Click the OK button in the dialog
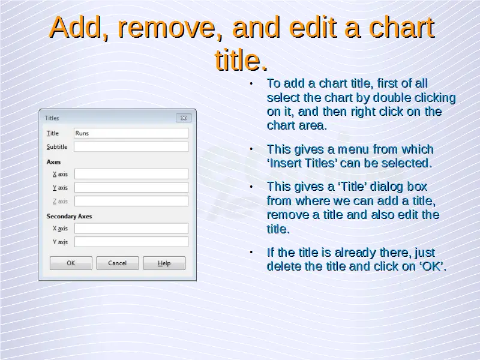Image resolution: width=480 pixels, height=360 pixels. tap(71, 263)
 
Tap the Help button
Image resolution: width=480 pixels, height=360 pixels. tap(164, 263)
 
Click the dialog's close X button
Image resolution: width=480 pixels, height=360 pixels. tap(184, 118)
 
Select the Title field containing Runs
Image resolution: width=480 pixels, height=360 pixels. tap(131, 133)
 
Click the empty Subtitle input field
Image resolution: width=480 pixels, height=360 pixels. tap(131, 146)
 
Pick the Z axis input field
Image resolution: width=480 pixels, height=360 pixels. tap(131, 201)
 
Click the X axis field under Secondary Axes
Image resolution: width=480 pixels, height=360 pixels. tap(131, 228)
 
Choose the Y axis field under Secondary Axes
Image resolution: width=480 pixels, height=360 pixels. tap(131, 242)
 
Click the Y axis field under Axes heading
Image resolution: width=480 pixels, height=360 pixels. tap(131, 187)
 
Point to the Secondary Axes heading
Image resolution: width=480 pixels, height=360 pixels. tap(69, 216)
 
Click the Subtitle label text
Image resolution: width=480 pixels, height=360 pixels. tap(57, 147)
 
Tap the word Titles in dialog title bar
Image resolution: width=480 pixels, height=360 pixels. tap(52, 118)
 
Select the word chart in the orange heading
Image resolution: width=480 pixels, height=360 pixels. tap(401, 27)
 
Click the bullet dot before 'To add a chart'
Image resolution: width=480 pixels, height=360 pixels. tap(251, 83)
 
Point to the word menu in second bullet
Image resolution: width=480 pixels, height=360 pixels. tap(353, 149)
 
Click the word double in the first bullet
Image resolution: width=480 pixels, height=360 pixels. tap(392, 98)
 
